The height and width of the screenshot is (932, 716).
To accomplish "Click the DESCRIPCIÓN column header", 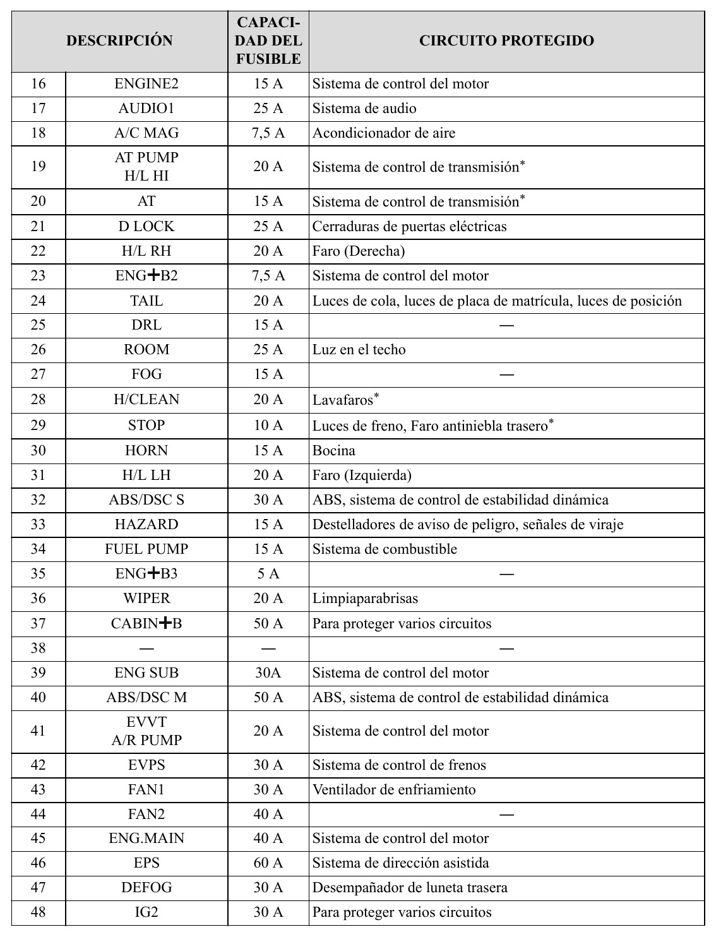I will tap(119, 41).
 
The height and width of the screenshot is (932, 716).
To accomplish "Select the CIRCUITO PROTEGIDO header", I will tap(506, 41).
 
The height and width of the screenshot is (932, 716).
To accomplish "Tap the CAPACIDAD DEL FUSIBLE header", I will tap(268, 41).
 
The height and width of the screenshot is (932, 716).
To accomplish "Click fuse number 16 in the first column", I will tap(39, 84).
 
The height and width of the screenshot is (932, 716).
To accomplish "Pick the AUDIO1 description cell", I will tap(146, 109).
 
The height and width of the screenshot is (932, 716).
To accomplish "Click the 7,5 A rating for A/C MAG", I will tap(268, 133).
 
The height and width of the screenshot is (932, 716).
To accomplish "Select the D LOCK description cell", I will tap(146, 226).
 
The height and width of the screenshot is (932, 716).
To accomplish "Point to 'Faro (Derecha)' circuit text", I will tap(358, 251).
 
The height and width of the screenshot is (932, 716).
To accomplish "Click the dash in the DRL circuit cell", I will tap(506, 325).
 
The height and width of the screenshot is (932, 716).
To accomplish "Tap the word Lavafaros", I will tap(343, 400).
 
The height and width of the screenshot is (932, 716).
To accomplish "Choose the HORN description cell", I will tap(146, 451).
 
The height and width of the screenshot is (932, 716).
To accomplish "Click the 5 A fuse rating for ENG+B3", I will tap(268, 574).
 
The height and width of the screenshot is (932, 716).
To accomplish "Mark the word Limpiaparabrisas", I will tap(365, 599).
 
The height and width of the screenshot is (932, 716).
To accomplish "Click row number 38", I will tap(39, 648).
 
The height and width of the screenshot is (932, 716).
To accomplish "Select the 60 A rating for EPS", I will tap(268, 863).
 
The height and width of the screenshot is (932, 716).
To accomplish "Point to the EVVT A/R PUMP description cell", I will tap(146, 731).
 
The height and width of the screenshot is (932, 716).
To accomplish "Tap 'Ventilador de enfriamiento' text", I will tap(394, 790).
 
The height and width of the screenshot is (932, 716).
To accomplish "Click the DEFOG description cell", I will tap(146, 888).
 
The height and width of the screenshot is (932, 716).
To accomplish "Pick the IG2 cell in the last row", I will tap(146, 912).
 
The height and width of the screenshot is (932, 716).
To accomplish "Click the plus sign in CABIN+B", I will tap(165, 623).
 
